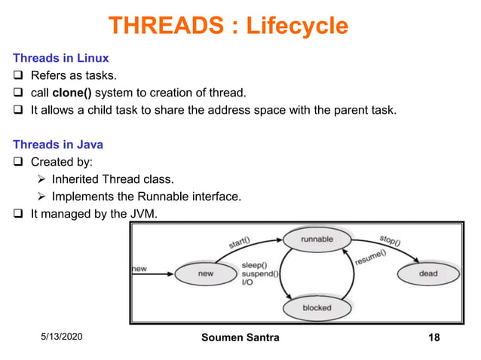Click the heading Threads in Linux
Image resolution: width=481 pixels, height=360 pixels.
point(61,57)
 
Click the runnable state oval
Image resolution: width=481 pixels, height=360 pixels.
point(317,240)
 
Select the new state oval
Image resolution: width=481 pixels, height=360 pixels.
point(206,273)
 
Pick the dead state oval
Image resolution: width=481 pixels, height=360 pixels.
point(427,273)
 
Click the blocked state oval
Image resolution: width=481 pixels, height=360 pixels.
point(317,308)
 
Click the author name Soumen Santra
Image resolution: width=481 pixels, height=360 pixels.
point(240,337)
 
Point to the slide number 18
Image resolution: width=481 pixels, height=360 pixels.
point(434,337)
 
